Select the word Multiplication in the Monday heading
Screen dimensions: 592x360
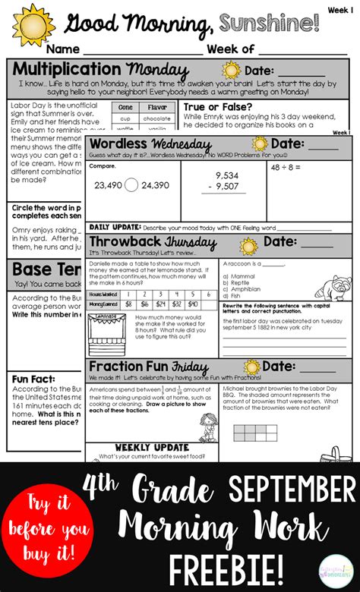[68, 70]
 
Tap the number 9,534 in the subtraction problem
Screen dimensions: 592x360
[227, 175]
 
